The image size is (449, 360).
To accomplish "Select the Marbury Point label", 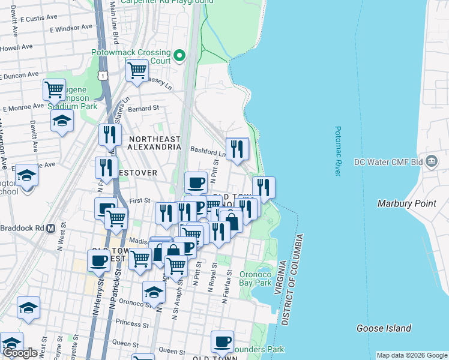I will (x=406, y=203).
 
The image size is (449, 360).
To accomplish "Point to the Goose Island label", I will (x=384, y=328).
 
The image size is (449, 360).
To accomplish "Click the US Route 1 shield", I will (x=104, y=76).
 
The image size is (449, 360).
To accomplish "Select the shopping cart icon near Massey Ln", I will (x=137, y=70).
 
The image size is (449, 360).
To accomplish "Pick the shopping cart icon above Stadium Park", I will (x=54, y=89).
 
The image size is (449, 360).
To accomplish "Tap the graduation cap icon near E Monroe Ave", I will (x=62, y=120).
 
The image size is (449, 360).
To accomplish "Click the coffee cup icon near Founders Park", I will (x=222, y=341).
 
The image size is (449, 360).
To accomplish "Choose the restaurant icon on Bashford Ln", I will (x=237, y=148).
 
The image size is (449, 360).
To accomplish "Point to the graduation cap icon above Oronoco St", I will (x=154, y=292).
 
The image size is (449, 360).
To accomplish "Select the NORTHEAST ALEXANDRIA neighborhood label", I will (x=154, y=143).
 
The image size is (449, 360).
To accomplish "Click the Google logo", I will (x=20, y=353).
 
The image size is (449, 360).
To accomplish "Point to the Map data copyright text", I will (x=411, y=355).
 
